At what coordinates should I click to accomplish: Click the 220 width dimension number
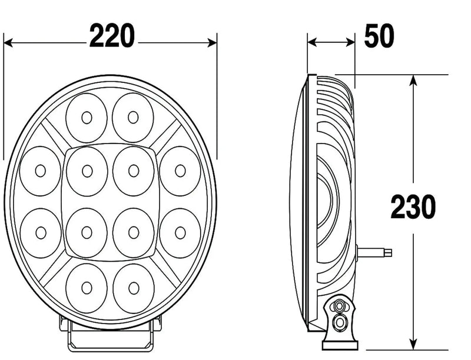(x=112, y=37)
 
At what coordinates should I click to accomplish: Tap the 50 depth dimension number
(x=379, y=37)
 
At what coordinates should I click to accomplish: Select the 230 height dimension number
(x=414, y=207)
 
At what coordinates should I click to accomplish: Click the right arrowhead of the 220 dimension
(x=213, y=42)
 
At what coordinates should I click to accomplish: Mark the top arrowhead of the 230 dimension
(x=414, y=80)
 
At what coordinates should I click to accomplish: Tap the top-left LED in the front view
(x=87, y=118)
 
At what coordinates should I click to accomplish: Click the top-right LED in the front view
(x=133, y=118)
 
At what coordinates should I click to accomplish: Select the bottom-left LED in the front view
(x=87, y=288)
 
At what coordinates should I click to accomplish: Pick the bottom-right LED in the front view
(x=133, y=288)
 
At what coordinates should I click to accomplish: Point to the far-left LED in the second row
(x=40, y=171)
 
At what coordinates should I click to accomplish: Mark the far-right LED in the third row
(x=180, y=232)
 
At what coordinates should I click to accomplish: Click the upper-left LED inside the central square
(x=87, y=171)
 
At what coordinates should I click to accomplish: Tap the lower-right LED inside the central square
(x=134, y=232)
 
